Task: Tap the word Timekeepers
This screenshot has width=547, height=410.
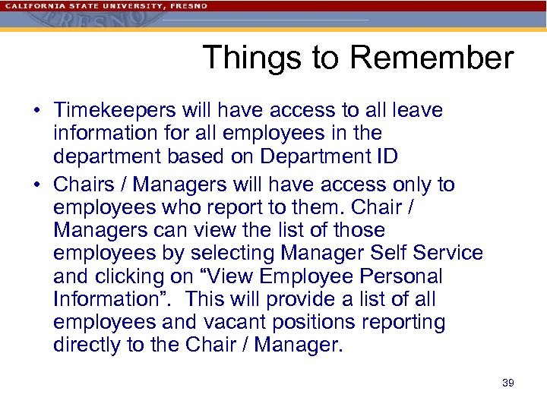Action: click(x=114, y=111)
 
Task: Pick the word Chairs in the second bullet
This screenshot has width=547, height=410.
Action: click(x=80, y=185)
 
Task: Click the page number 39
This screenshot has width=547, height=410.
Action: click(x=508, y=383)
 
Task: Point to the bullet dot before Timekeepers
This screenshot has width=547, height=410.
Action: click(x=36, y=112)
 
